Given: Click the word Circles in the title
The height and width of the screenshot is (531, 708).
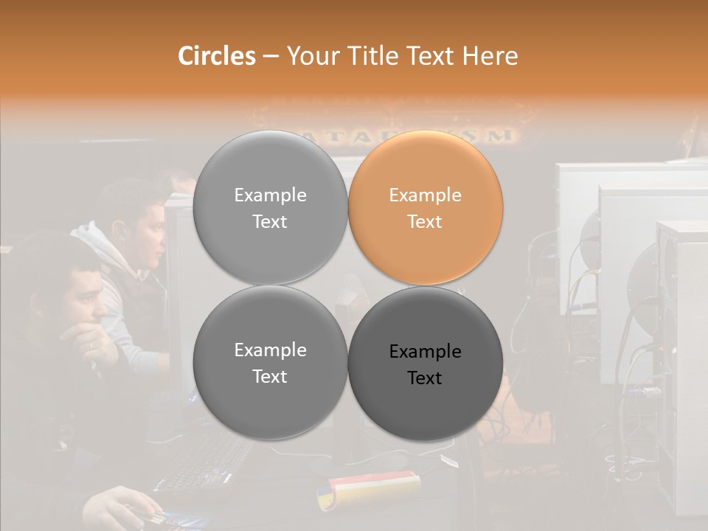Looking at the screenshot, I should (x=216, y=56).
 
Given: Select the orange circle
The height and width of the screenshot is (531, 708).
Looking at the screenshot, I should (x=426, y=208).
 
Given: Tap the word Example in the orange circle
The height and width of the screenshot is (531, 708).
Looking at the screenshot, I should (x=425, y=195).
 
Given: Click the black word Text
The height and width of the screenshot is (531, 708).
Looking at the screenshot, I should (x=425, y=378).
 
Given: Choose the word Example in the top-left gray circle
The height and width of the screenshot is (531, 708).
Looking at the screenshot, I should (x=270, y=195).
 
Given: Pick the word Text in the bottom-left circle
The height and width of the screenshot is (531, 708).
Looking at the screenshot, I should (x=270, y=377).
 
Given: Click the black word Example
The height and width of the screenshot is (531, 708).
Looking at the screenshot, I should (x=425, y=352).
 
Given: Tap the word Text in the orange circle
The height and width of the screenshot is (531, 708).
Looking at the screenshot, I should (x=425, y=222).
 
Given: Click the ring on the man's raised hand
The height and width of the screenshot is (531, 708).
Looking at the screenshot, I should (x=91, y=344).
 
